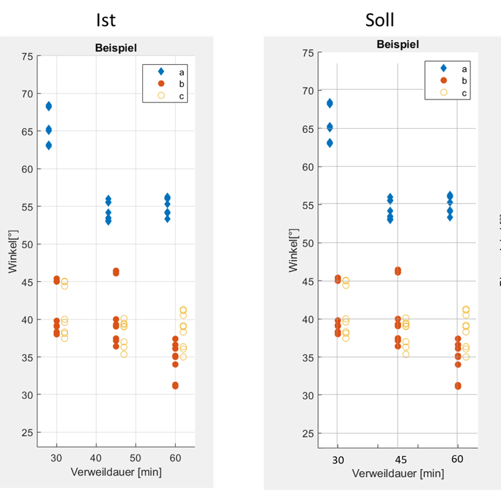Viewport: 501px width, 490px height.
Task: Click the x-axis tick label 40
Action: coord(96,457)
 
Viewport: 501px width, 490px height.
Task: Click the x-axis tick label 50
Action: coord(136,457)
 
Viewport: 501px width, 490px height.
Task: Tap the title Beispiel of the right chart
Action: coord(398,44)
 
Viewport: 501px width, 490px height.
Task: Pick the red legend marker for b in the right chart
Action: coord(443,80)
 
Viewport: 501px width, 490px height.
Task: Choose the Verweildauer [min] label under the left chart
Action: coord(116,472)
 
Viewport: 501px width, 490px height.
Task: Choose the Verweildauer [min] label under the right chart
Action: coord(398,473)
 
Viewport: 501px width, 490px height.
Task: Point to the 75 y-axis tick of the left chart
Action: coord(26,56)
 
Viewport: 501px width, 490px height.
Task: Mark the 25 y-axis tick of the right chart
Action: coord(308,433)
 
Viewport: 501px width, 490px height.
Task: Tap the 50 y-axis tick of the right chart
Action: coord(308,243)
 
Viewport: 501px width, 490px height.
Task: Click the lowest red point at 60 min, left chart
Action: coord(175,386)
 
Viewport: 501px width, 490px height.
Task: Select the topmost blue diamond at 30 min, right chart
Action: coord(330,103)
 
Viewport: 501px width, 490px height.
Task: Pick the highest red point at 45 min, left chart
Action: coord(116,271)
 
